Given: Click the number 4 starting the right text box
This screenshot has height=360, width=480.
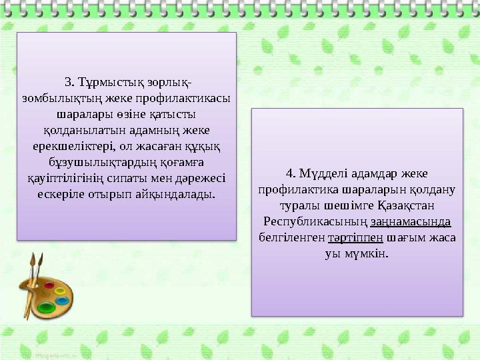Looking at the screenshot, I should (x=289, y=173).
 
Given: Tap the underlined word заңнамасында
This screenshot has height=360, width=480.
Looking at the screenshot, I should (x=411, y=221).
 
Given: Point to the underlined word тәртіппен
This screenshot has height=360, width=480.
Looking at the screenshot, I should (x=355, y=237).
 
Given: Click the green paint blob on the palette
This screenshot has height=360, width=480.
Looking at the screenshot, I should (x=46, y=307).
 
